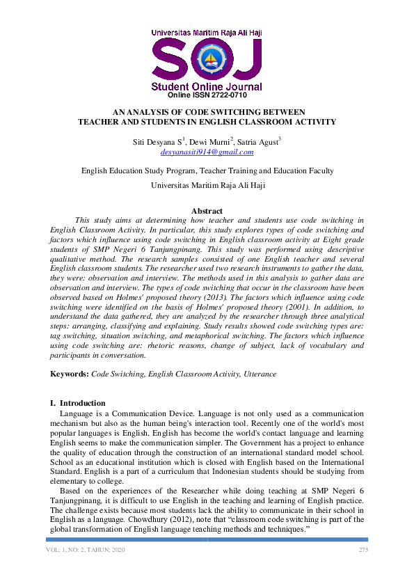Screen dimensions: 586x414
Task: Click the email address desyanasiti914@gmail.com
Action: (207, 151)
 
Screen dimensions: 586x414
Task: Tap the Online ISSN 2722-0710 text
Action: (207, 95)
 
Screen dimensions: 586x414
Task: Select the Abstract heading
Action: (207, 211)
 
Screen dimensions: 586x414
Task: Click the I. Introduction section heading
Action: (77, 403)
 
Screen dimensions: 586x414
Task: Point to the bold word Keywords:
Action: (70, 374)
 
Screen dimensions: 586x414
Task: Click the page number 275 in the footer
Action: (363, 551)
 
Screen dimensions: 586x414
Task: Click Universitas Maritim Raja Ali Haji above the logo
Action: (207, 32)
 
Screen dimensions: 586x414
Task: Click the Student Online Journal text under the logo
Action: (207, 86)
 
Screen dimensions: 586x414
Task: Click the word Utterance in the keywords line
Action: (259, 374)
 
